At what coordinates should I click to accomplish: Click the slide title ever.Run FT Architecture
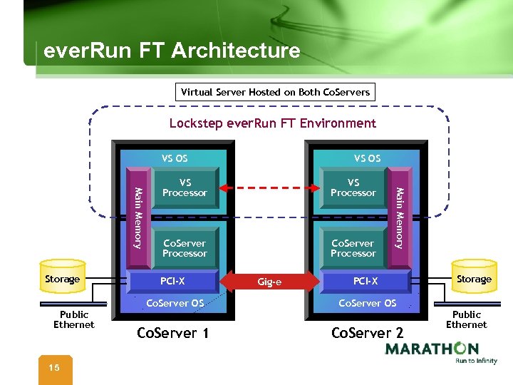[172, 51]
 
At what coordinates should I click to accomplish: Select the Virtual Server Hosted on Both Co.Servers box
[275, 92]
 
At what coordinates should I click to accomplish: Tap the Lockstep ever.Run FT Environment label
[272, 123]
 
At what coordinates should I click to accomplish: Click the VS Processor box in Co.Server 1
[185, 188]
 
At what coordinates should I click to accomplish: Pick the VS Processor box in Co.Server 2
[353, 188]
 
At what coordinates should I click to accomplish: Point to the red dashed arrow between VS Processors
[269, 188]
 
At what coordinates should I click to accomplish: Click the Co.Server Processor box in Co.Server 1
[185, 248]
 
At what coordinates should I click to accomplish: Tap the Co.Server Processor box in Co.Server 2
[353, 248]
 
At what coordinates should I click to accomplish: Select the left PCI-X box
[172, 281]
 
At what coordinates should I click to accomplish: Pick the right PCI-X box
[366, 281]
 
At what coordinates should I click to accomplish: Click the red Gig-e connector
[269, 282]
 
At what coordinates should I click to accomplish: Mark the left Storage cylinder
[62, 279]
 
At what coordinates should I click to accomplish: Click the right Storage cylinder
[474, 279]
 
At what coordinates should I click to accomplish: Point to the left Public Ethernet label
[73, 319]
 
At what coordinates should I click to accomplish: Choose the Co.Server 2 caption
[367, 333]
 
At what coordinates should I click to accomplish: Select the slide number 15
[53, 367]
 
